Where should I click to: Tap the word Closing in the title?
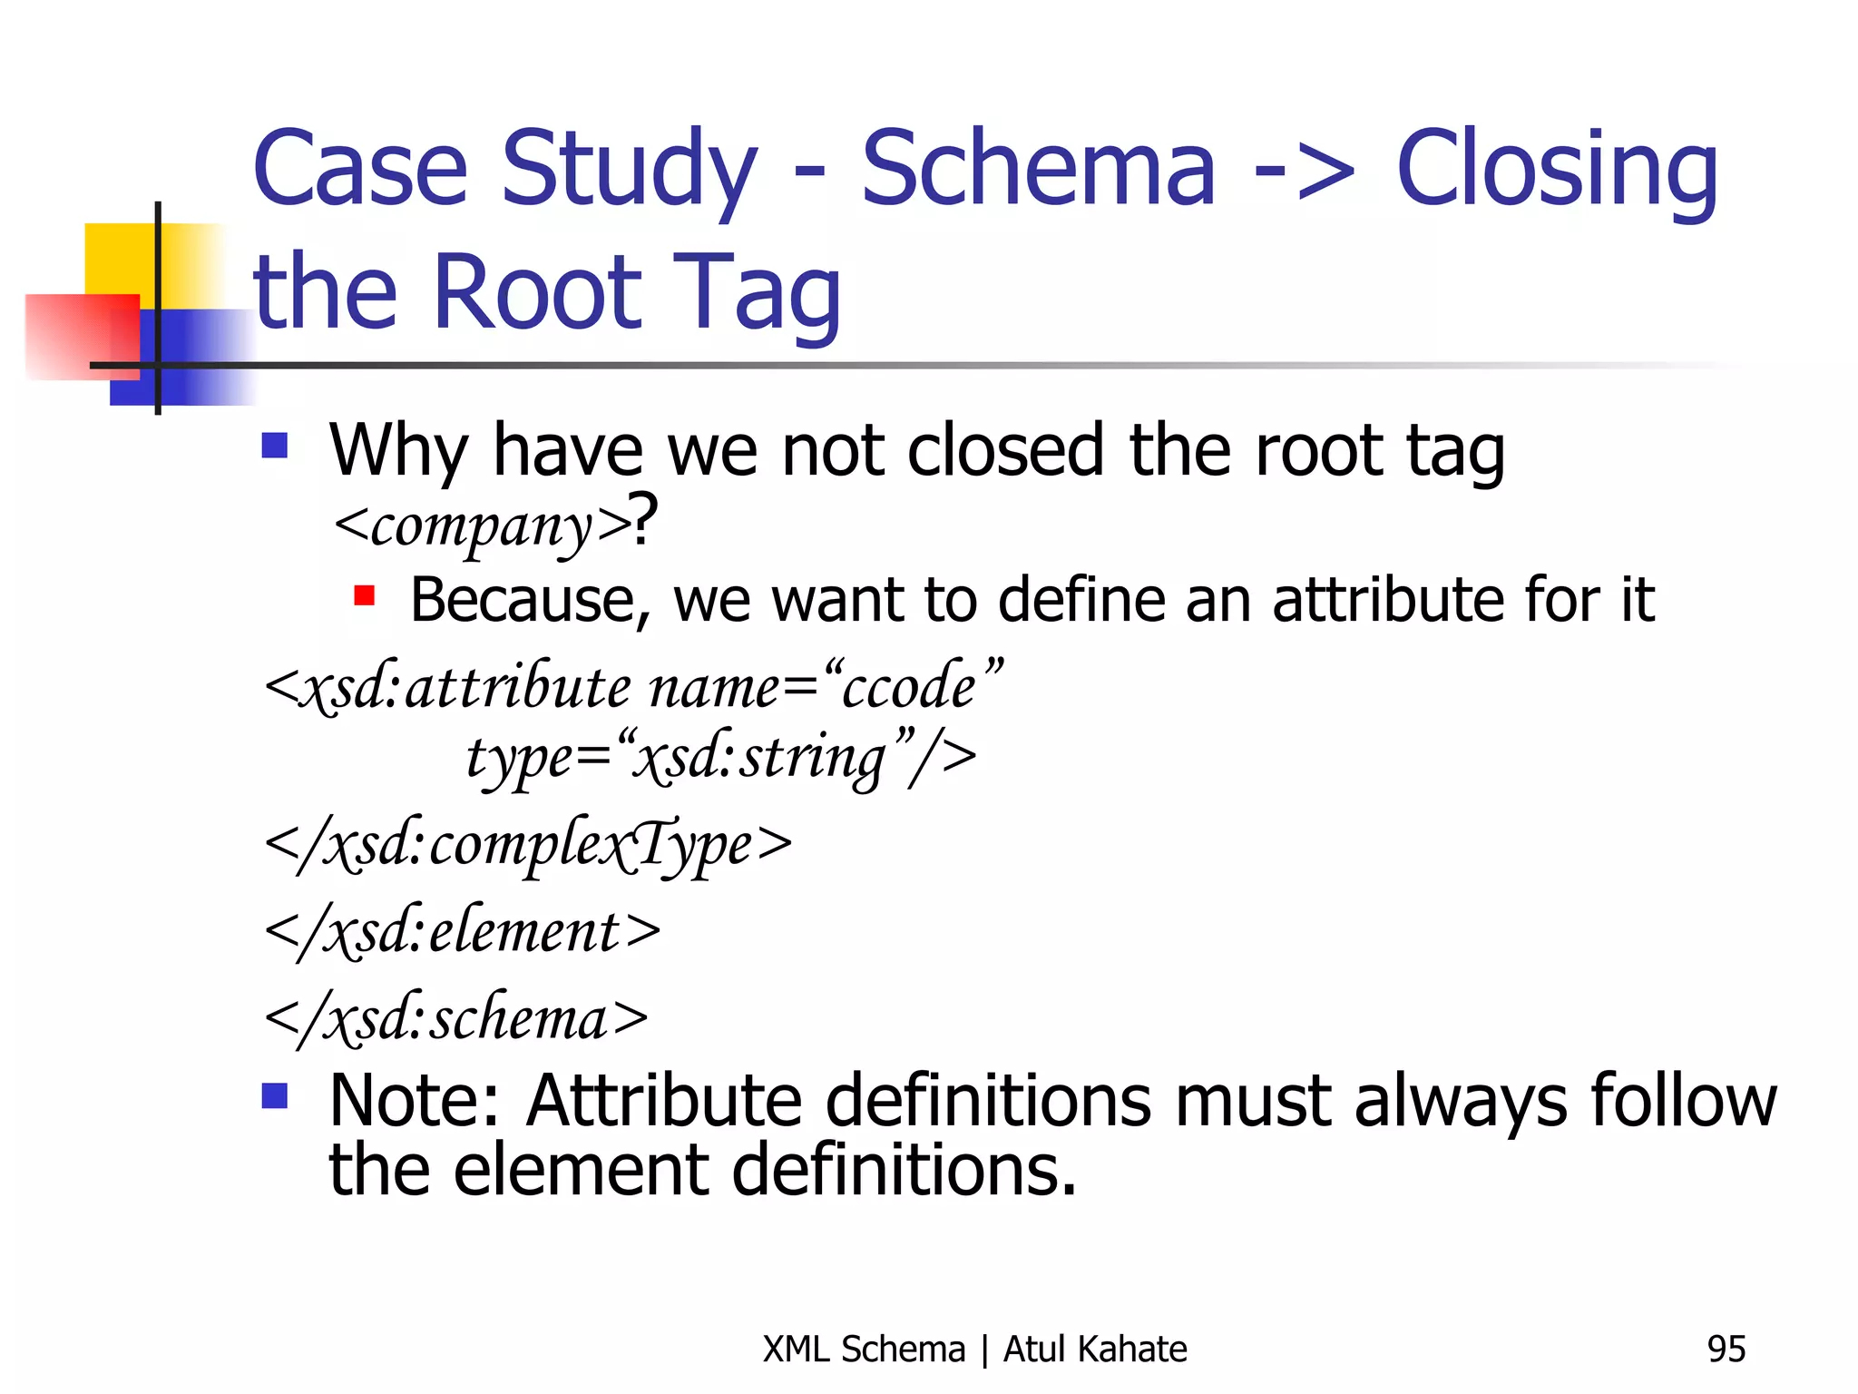tap(1557, 170)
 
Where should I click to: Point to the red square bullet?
tap(364, 595)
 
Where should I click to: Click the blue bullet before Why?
tap(274, 445)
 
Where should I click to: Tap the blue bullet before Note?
tap(274, 1095)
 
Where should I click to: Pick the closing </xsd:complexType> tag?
tap(528, 846)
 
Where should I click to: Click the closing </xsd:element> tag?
tap(463, 932)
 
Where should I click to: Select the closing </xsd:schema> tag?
tap(456, 1019)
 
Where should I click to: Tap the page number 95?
tap(1726, 1350)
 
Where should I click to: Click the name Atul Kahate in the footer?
tap(1095, 1350)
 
